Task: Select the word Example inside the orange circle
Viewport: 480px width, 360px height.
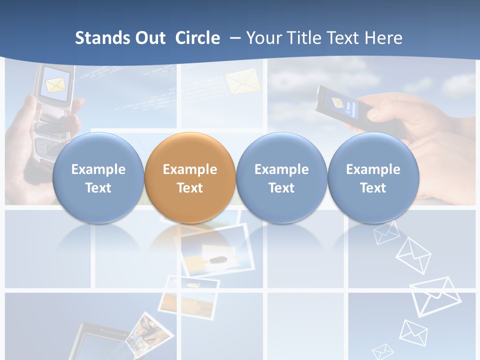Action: click(x=190, y=169)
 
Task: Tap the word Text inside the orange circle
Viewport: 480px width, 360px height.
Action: click(x=190, y=188)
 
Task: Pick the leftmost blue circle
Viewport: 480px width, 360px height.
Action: click(x=98, y=177)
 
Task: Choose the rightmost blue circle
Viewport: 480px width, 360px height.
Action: click(x=373, y=177)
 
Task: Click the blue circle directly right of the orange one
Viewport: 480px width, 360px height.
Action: click(x=281, y=177)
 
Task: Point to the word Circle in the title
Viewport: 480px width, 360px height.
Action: click(x=197, y=38)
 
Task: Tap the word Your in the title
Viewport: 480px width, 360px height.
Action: click(x=263, y=38)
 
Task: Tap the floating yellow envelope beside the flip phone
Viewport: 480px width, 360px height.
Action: click(x=242, y=81)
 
